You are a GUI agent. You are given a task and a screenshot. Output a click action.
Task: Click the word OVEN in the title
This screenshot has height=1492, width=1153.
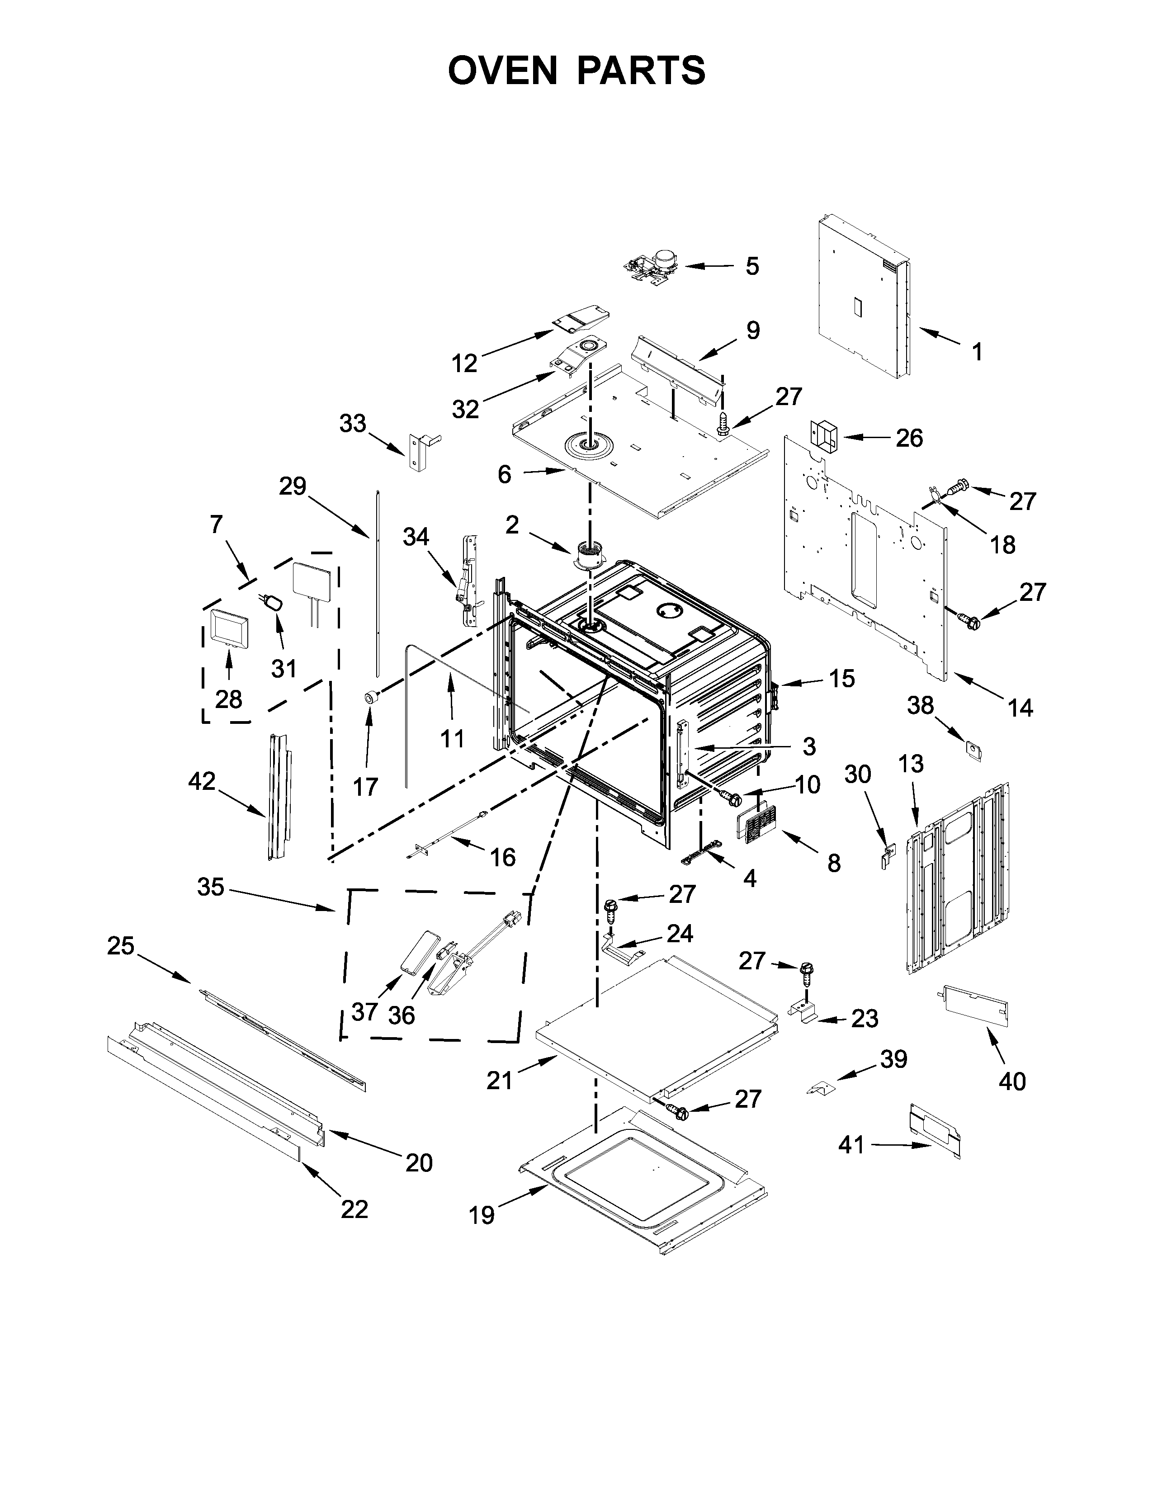(502, 71)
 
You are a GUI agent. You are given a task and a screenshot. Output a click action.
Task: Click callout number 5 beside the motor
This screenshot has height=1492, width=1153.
(751, 266)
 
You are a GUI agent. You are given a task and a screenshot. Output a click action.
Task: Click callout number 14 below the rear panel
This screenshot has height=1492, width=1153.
(1020, 708)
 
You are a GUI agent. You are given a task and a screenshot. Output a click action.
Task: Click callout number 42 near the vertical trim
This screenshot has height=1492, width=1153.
(202, 781)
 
